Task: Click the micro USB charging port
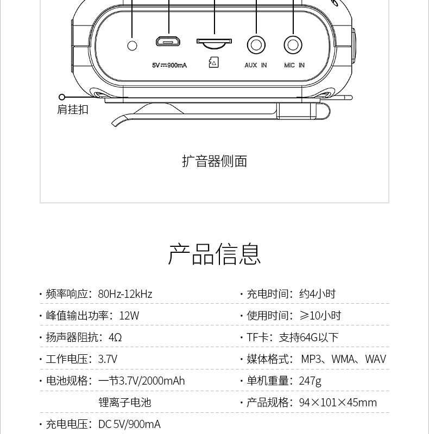pyautogui.click(x=168, y=42)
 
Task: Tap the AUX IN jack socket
pyautogui.click(x=256, y=45)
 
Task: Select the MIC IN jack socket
pyautogui.click(x=293, y=45)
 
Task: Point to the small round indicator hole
pyautogui.click(x=132, y=46)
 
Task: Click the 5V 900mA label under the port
pyautogui.click(x=169, y=65)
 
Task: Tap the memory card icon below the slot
pyautogui.click(x=213, y=62)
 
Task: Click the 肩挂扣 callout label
pyautogui.click(x=73, y=110)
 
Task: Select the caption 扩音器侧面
pyautogui.click(x=214, y=161)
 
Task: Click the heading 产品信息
pyautogui.click(x=214, y=254)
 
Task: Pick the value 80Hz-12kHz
pyautogui.click(x=125, y=294)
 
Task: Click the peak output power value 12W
pyautogui.click(x=129, y=316)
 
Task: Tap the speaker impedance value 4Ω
pyautogui.click(x=115, y=337)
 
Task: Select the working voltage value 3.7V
pyautogui.click(x=108, y=359)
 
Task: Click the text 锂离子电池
pyautogui.click(x=125, y=403)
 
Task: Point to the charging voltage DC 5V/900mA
pyautogui.click(x=129, y=424)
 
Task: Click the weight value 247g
pyautogui.click(x=310, y=381)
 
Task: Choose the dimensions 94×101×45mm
pyautogui.click(x=338, y=403)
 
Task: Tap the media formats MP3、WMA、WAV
pyautogui.click(x=343, y=359)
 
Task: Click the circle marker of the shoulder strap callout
pyautogui.click(x=62, y=97)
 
